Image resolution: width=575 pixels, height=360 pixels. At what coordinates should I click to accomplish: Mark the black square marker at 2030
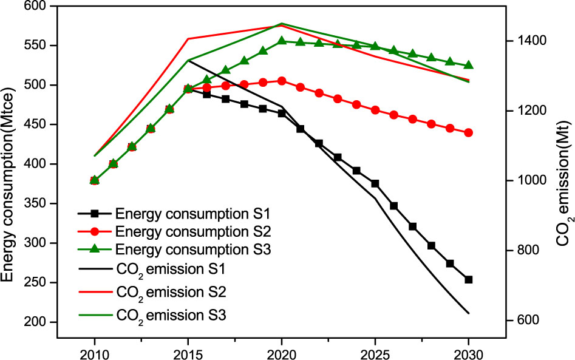click(x=468, y=280)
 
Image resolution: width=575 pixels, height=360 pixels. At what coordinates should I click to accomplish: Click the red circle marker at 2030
click(x=468, y=132)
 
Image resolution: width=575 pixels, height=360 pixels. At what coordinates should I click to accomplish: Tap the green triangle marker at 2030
click(x=468, y=66)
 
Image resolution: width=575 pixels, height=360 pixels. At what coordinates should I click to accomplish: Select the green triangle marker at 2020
click(x=282, y=41)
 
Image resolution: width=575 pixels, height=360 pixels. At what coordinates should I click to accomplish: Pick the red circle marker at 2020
click(x=282, y=81)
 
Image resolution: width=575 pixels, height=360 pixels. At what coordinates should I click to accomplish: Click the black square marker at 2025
click(x=375, y=183)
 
